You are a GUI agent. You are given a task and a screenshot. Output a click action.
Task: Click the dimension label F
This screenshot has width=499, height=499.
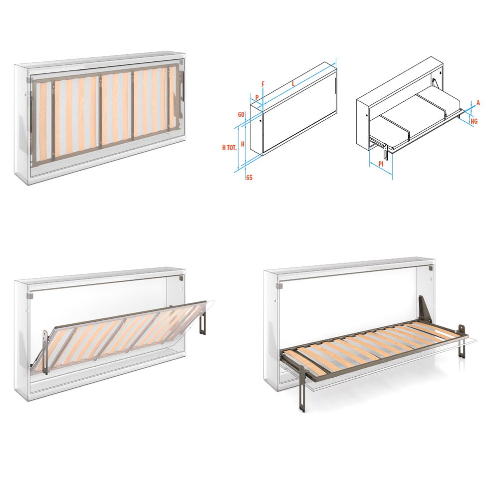(x=263, y=84)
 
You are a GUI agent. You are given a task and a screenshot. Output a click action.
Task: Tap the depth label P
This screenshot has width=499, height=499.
(x=257, y=97)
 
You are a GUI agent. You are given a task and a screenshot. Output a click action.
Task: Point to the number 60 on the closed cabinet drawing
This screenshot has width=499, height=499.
(x=241, y=114)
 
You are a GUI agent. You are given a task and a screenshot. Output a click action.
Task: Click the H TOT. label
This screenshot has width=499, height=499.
(x=229, y=147)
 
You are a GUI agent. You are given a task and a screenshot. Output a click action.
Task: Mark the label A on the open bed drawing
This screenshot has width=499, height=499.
(x=478, y=102)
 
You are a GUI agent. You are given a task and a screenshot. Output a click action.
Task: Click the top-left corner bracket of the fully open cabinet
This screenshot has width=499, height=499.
(x=281, y=286)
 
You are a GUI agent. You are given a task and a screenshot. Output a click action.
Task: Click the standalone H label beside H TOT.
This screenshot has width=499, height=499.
(x=242, y=144)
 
